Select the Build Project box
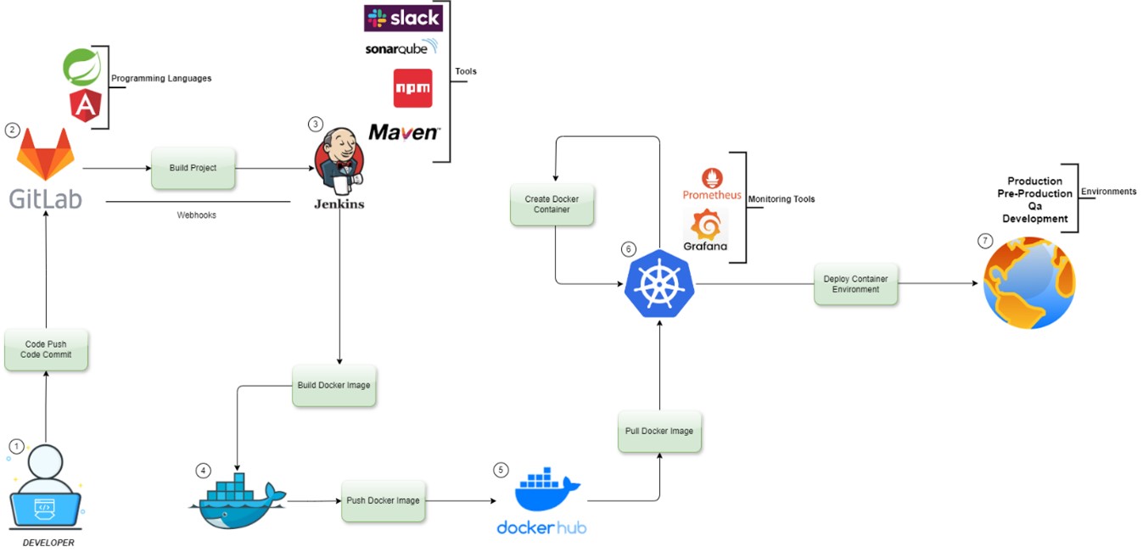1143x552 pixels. tap(193, 168)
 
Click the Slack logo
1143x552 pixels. tap(403, 18)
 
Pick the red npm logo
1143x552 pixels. tap(412, 88)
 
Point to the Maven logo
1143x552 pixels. tap(404, 132)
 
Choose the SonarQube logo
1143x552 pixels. tap(401, 48)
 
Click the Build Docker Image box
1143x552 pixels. tap(333, 386)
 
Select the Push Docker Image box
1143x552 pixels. tap(383, 500)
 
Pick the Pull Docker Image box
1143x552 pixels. tap(659, 431)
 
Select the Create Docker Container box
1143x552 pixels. tap(552, 204)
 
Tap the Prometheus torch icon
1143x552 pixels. tap(711, 179)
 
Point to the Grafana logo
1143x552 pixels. tap(706, 227)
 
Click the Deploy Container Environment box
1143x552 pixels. tap(855, 284)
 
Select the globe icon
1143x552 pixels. tap(1028, 282)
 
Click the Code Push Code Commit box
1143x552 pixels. tap(46, 349)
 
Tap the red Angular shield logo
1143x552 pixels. tap(85, 106)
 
